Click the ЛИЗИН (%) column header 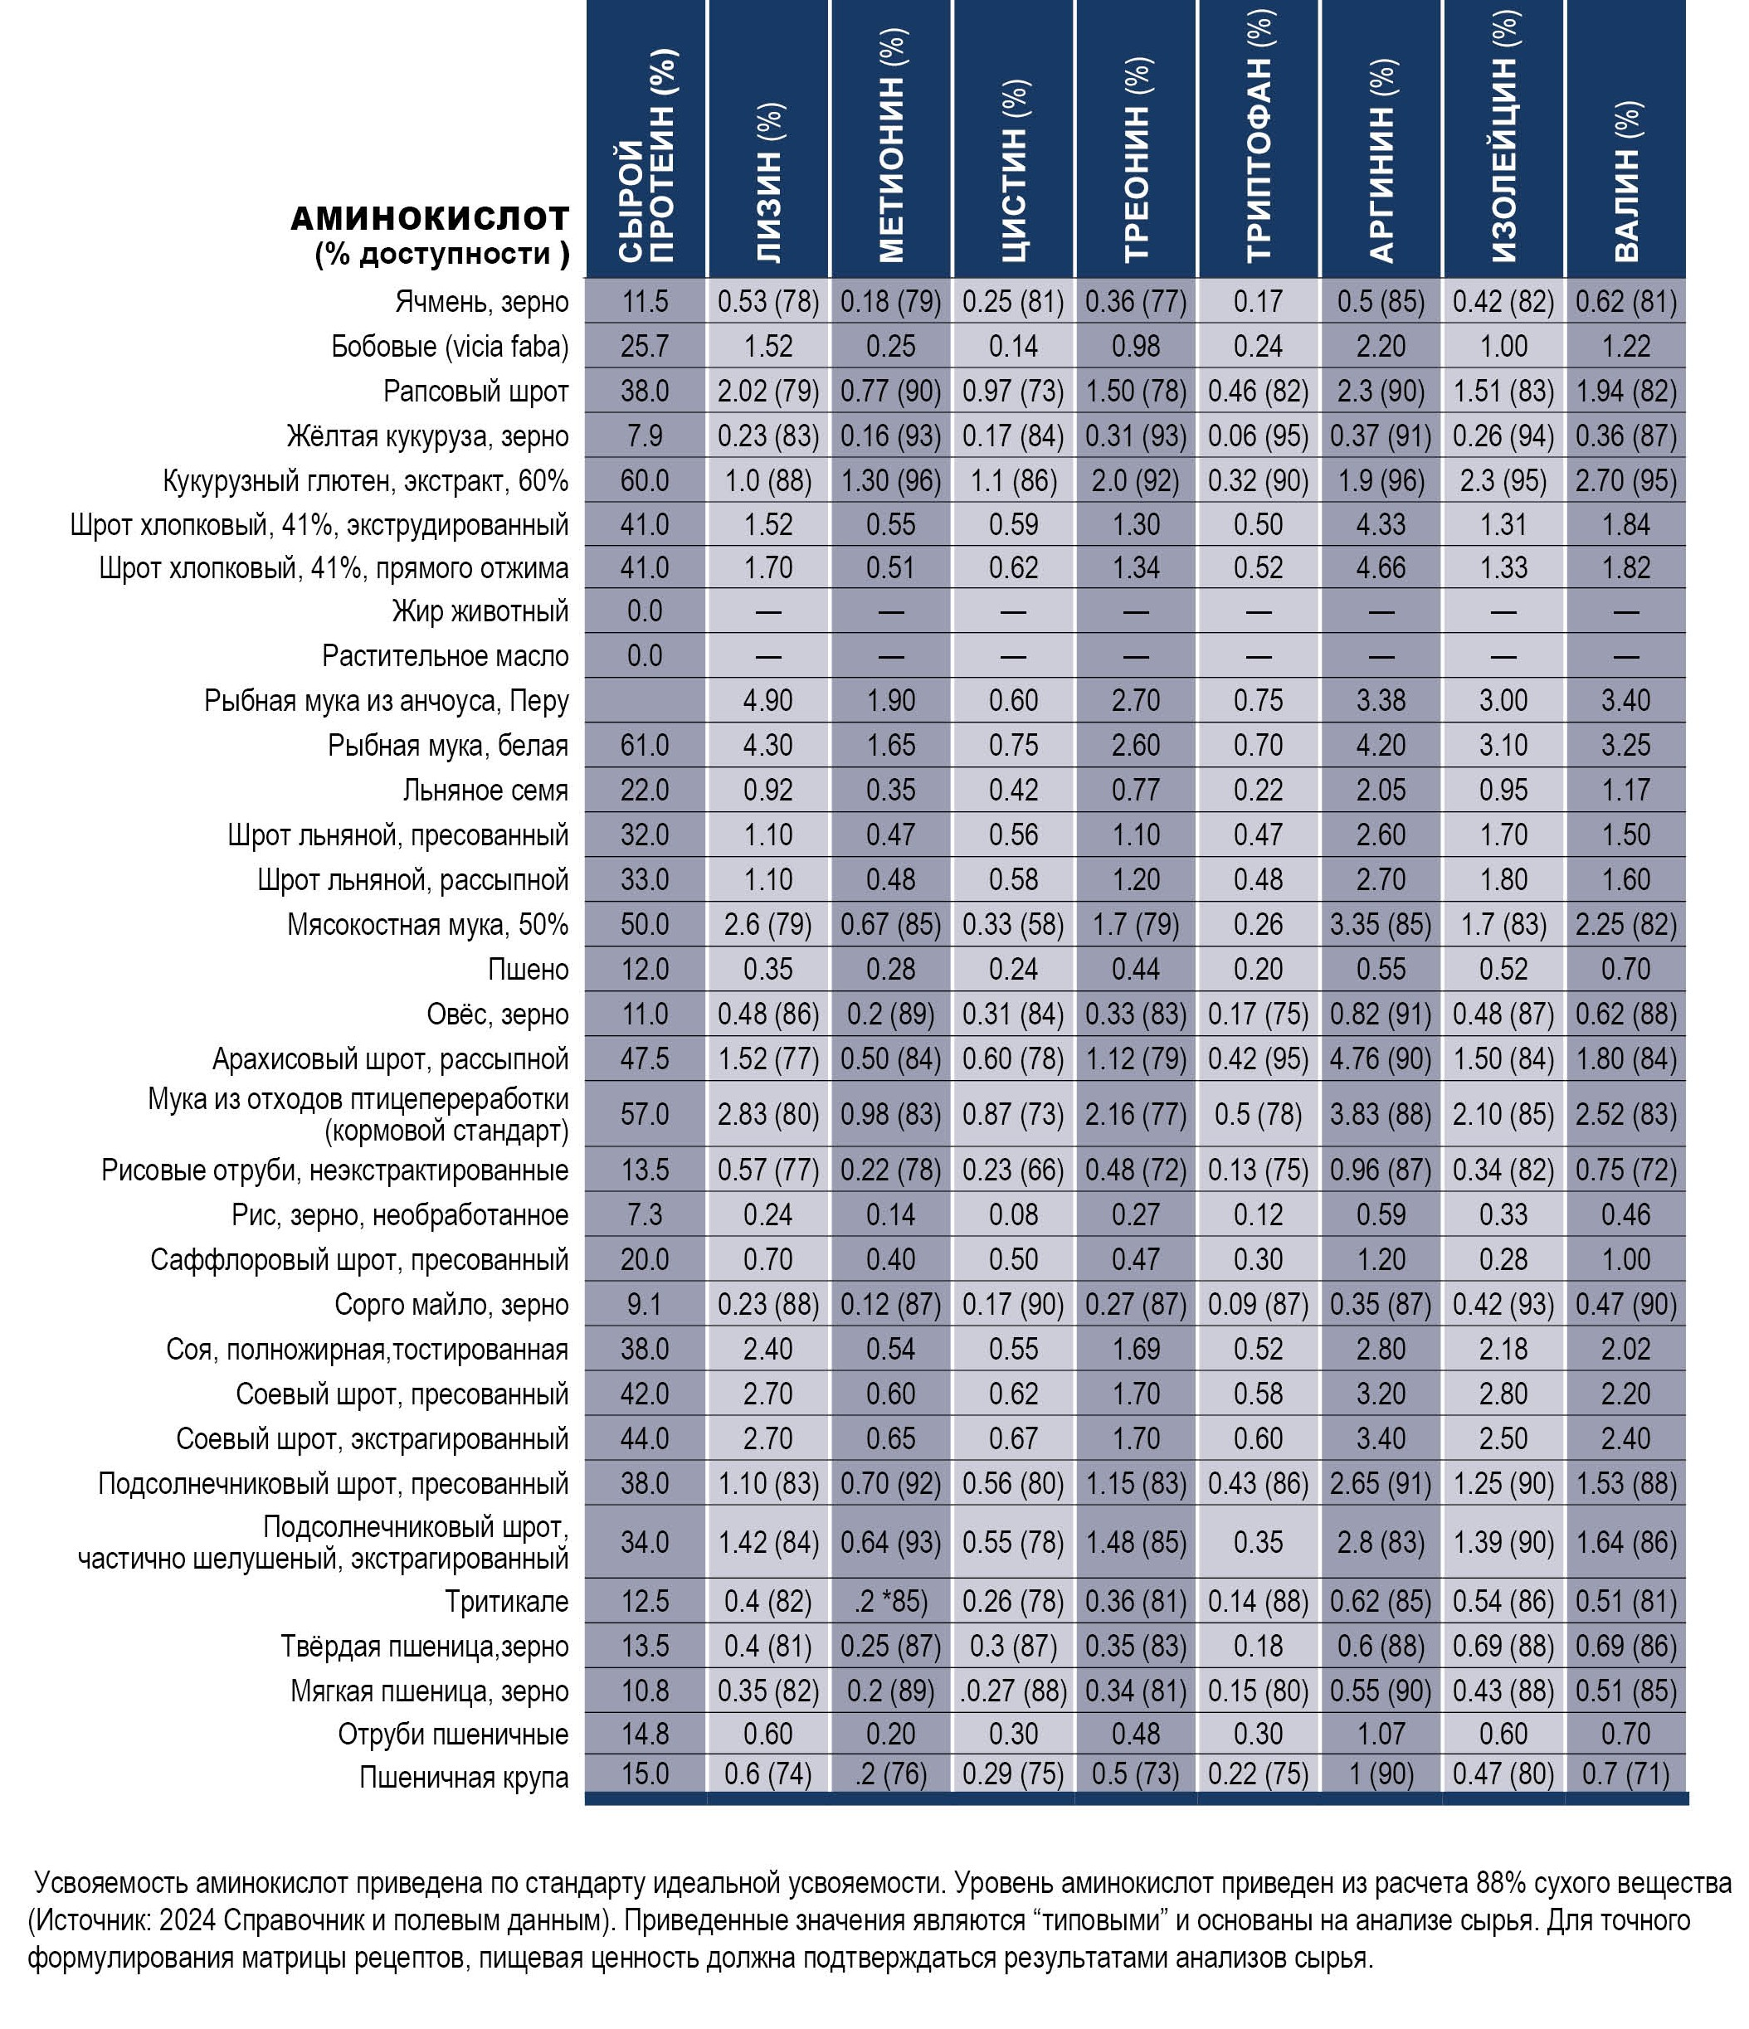(770, 183)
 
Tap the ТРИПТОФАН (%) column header (1259, 136)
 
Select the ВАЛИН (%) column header (1626, 182)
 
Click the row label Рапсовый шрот (476, 392)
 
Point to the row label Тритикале (506, 1602)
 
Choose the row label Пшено (528, 970)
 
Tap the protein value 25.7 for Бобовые (645, 347)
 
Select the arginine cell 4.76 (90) (1381, 1059)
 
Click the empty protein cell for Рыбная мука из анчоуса (645, 701)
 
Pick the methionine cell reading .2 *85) (890, 1602)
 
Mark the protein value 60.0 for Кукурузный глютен (645, 481)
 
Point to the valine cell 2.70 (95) (1625, 481)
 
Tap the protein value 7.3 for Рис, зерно (645, 1215)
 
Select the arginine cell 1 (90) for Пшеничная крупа (1381, 1774)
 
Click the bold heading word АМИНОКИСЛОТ (430, 217)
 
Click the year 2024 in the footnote (187, 1921)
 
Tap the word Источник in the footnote (93, 1921)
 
